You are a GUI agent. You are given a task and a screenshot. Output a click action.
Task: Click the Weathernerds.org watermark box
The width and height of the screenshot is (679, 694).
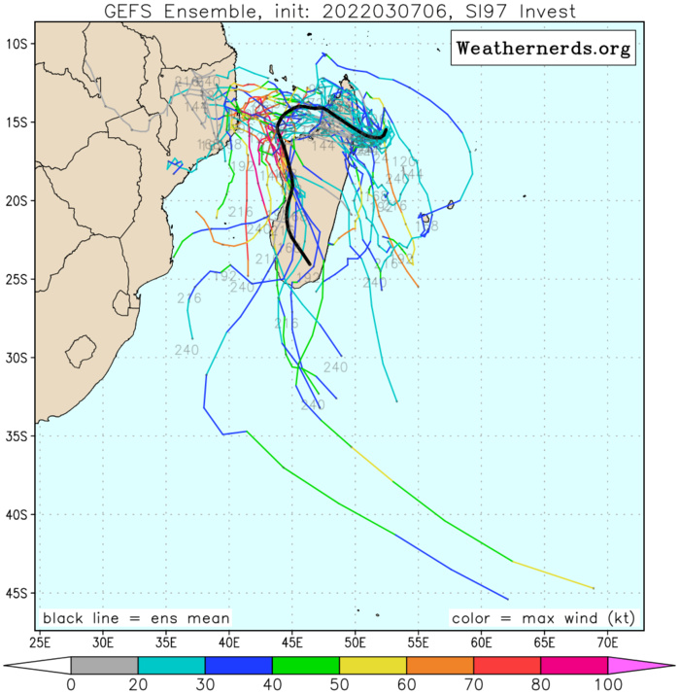[543, 47]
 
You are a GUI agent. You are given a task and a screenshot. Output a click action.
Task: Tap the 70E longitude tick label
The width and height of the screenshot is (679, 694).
[608, 642]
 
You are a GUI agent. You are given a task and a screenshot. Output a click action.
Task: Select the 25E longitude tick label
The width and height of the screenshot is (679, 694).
[41, 642]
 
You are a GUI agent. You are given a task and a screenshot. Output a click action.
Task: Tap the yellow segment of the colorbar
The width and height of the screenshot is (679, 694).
[372, 665]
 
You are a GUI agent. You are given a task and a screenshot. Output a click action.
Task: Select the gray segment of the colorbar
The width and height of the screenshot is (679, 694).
[104, 665]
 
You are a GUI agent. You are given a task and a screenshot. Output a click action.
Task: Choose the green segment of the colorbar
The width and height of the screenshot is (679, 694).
[305, 665]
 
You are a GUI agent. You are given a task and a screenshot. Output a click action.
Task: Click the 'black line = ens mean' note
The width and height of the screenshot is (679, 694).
[136, 618]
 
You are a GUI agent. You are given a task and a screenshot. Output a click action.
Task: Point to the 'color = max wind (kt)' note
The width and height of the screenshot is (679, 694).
[543, 618]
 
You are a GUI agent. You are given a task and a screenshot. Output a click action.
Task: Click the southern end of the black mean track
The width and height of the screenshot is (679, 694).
[310, 263]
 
